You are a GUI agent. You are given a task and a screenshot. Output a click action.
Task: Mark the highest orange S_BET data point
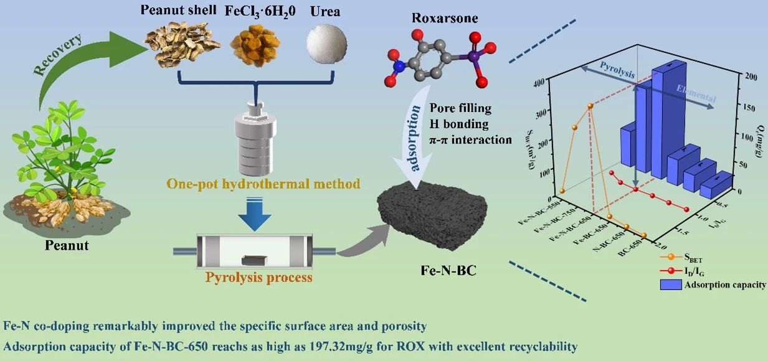point(590,106)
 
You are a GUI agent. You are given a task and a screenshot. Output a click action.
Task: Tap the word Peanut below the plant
point(67,246)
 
